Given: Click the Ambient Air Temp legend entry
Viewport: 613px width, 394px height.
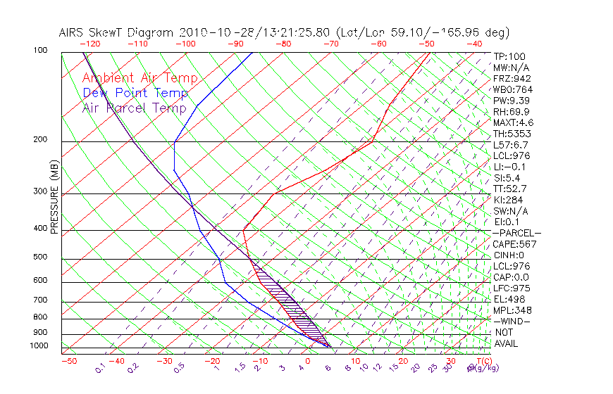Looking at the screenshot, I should click(140, 78).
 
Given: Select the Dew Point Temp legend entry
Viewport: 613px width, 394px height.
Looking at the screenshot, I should click(135, 93).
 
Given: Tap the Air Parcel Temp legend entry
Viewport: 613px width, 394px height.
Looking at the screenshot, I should click(134, 108).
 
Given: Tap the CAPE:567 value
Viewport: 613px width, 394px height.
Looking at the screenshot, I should click(514, 244).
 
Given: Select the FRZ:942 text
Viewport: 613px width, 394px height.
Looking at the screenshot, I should click(512, 78).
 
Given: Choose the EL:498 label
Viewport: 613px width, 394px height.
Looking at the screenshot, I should click(509, 299).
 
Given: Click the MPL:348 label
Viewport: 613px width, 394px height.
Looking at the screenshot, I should click(512, 310).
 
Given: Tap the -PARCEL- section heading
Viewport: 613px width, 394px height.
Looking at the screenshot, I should click(516, 233).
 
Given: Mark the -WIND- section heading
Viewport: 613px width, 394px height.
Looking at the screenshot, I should click(512, 321).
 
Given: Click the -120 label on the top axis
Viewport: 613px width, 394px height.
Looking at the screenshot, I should click(89, 44).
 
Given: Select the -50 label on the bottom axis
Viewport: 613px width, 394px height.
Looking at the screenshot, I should click(68, 361).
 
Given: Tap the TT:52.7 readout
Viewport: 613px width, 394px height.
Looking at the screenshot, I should click(510, 189).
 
